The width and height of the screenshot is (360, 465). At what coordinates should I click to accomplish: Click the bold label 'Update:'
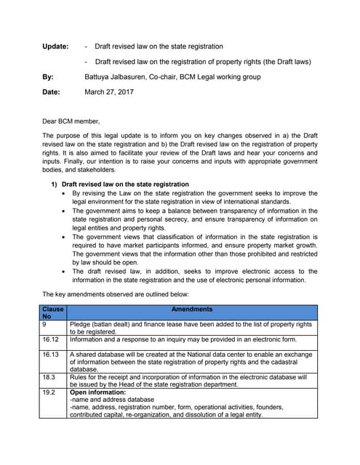tap(55, 46)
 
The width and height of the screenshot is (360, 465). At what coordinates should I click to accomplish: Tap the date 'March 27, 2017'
tap(110, 92)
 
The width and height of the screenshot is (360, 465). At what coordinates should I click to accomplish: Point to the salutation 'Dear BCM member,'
tap(71, 121)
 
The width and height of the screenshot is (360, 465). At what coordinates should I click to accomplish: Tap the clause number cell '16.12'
tap(51, 339)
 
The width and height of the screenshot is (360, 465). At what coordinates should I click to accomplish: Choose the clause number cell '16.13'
tap(51, 355)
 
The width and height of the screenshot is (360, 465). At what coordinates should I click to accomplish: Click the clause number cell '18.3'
tap(49, 377)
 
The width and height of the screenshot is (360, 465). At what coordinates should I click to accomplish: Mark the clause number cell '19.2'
tap(49, 392)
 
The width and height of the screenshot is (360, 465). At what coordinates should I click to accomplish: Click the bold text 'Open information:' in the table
tap(97, 392)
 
